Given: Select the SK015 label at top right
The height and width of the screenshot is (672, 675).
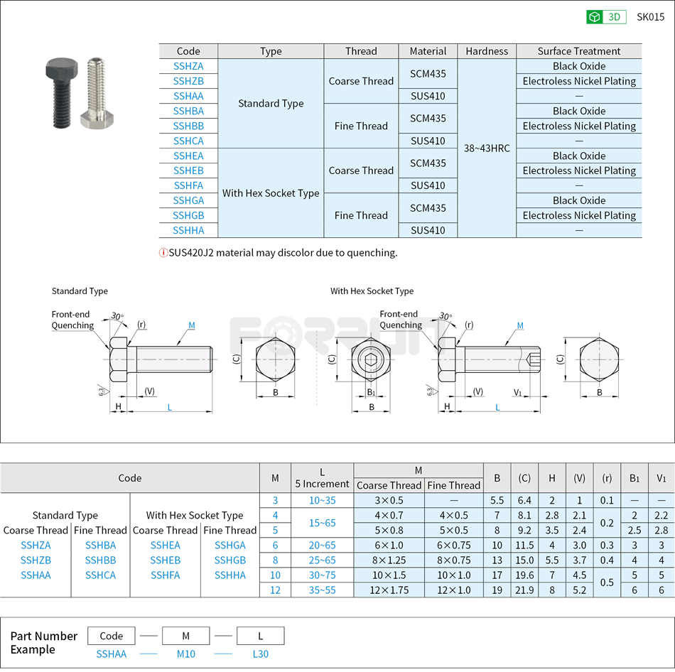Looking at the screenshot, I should coord(650,17).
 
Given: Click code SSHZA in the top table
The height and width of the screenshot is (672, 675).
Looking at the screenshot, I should coord(188,66).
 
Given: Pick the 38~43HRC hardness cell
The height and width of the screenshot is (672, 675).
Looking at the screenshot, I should coord(487,148).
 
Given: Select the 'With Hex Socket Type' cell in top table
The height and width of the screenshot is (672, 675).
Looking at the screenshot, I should coord(271,193).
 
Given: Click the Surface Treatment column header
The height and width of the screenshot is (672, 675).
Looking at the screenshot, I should coord(578,51).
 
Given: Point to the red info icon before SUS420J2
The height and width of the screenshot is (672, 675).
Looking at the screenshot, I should coord(163,253).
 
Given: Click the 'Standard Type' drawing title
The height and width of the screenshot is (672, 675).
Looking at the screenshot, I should coord(80,291).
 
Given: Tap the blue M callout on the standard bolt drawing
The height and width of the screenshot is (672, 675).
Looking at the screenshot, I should coord(192,325).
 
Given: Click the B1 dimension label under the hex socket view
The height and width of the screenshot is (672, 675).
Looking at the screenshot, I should coord(371,392).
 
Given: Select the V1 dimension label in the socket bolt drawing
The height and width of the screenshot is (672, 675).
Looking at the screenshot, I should coord(518,392).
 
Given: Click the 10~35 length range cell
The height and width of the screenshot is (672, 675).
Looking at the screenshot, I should coord(322,500).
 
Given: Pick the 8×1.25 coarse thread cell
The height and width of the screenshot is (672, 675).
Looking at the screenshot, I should coord(389,560).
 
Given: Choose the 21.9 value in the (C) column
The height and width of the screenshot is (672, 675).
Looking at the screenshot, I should coord(524,590).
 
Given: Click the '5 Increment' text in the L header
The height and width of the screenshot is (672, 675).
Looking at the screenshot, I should coord(322,484).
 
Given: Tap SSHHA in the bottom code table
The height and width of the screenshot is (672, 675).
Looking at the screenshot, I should coord(229,575).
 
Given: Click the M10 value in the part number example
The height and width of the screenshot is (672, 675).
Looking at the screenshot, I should coord(185,654).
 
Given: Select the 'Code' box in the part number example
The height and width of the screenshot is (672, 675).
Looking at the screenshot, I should coord(112,636).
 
